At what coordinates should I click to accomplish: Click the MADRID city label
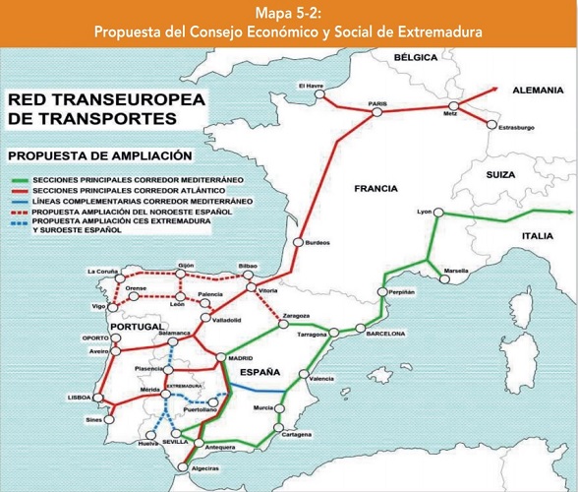click(x=241, y=359)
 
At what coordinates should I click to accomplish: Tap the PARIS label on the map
click(x=378, y=103)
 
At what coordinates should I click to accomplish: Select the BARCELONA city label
click(x=385, y=334)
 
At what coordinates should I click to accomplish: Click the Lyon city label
click(x=425, y=212)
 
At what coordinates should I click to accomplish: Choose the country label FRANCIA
click(x=377, y=187)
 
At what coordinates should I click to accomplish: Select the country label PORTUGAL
click(x=137, y=327)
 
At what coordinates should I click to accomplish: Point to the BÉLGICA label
click(x=416, y=58)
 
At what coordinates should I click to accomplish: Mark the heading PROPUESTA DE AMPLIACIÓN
click(x=99, y=155)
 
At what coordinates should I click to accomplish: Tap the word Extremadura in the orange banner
click(x=436, y=32)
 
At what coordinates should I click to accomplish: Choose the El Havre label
click(x=311, y=85)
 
